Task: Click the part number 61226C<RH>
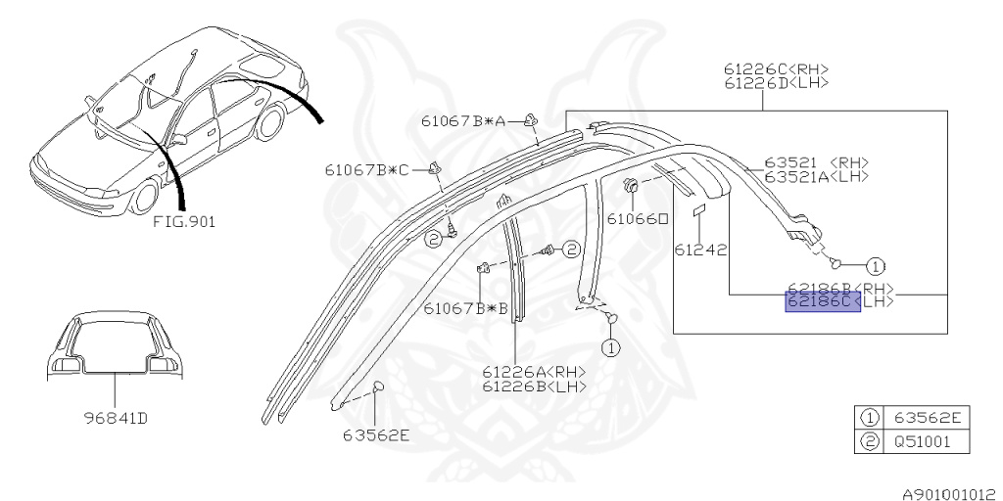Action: coord(777,68)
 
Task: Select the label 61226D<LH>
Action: coord(777,83)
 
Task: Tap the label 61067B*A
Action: coord(463,121)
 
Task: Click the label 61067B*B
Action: coord(466,308)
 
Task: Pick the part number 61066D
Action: coord(637,219)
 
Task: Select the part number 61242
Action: coord(700,250)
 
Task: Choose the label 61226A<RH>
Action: coord(534,372)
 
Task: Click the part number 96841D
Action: coord(115,418)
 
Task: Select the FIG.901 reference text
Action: coord(184,221)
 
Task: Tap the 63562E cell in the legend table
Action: coord(926,418)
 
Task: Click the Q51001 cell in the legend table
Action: coord(926,441)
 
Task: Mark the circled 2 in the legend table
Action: coord(869,441)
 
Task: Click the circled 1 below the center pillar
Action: coord(610,346)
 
